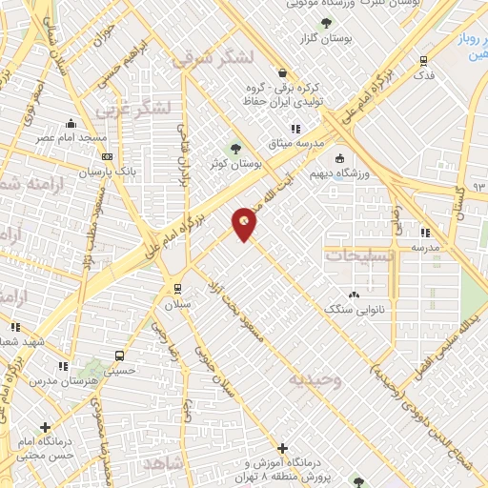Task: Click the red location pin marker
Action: tap(245, 224)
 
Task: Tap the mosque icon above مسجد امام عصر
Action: tap(70, 123)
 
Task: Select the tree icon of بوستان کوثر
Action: tap(235, 149)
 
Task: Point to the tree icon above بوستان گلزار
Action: tap(327, 23)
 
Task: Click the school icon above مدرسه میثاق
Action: tap(295, 129)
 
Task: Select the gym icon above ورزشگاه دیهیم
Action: tap(338, 159)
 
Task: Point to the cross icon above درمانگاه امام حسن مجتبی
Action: tap(45, 427)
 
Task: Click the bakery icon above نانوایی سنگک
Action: tap(355, 295)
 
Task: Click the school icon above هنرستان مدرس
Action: tap(62, 366)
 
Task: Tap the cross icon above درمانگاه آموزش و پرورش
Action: tap(282, 447)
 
